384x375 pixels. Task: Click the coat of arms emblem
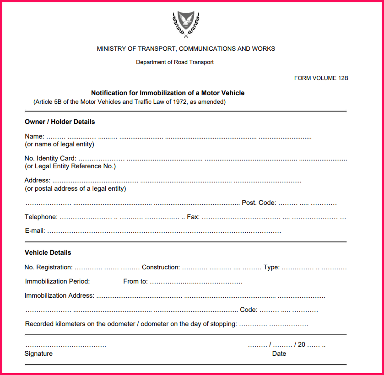(x=186, y=24)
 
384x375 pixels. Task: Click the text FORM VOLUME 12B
(x=321, y=78)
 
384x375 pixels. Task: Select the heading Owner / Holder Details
(x=59, y=122)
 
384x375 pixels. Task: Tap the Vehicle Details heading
(x=48, y=252)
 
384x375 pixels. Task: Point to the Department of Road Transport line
(x=175, y=62)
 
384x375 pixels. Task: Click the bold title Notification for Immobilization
(x=168, y=93)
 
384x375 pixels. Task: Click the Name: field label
(x=34, y=136)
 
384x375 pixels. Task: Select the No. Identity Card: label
(x=50, y=159)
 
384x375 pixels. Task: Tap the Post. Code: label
(x=259, y=203)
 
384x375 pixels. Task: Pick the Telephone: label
(x=41, y=217)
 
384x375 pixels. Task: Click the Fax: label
(x=193, y=217)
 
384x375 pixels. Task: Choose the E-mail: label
(x=35, y=231)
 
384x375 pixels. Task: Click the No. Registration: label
(x=49, y=267)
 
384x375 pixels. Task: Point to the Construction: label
(x=161, y=267)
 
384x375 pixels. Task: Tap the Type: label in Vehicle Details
(x=271, y=267)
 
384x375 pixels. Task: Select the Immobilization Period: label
(x=57, y=281)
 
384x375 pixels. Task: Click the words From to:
(x=135, y=281)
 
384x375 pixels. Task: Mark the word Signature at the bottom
(x=38, y=354)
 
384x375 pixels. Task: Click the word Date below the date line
(x=279, y=354)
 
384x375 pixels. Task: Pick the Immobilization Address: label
(x=59, y=295)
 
